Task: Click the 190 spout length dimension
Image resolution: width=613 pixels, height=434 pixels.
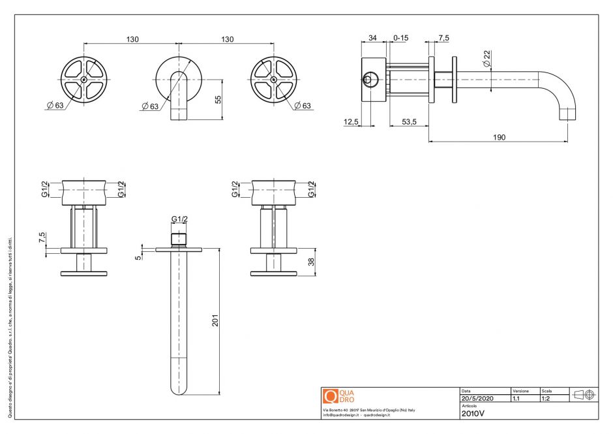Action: pyautogui.click(x=500, y=137)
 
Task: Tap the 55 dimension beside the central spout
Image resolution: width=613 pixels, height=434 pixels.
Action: pyautogui.click(x=218, y=99)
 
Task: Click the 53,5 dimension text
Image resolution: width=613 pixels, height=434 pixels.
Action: pyautogui.click(x=409, y=122)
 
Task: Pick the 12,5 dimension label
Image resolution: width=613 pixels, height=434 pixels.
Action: pyautogui.click(x=351, y=122)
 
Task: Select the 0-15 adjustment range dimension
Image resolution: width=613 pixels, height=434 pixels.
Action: pyautogui.click(x=400, y=39)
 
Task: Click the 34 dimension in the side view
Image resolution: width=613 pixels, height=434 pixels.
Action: pyautogui.click(x=372, y=39)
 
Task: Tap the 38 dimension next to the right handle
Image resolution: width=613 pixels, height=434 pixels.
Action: pyautogui.click(x=310, y=262)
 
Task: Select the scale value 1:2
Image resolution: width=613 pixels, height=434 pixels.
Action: pyautogui.click(x=546, y=397)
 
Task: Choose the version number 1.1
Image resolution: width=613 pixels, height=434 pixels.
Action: pyautogui.click(x=516, y=397)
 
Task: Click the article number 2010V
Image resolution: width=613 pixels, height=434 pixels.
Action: pyautogui.click(x=473, y=413)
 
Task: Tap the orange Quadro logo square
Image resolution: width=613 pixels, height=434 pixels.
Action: pyautogui.click(x=330, y=396)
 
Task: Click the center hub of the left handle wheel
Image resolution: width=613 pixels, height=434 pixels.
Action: pyautogui.click(x=84, y=80)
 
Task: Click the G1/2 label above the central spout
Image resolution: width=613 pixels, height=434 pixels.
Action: pyautogui.click(x=179, y=219)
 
